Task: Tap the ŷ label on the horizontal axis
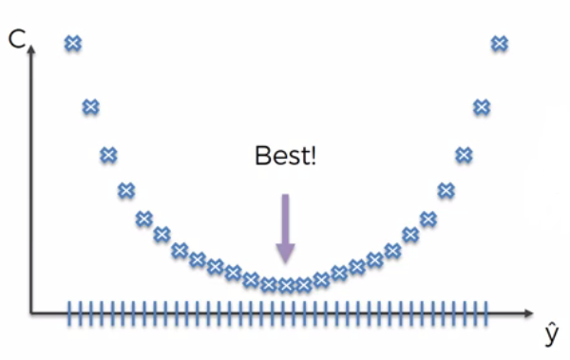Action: (x=550, y=334)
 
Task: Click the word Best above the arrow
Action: (x=280, y=156)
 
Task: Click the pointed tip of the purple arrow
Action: (x=285, y=263)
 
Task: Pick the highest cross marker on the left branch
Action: (x=72, y=43)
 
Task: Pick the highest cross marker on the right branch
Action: (x=500, y=43)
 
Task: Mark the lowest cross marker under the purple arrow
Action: (x=286, y=284)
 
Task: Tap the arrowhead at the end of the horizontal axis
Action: (x=528, y=312)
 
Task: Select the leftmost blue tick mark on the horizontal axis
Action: (x=69, y=312)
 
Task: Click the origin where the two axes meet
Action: (x=31, y=312)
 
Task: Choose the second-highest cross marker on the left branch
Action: (x=90, y=107)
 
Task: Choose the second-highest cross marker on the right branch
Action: (x=482, y=107)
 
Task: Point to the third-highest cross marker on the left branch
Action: (x=108, y=154)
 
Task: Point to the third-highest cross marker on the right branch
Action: (x=464, y=154)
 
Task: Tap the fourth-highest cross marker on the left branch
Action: (x=126, y=191)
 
